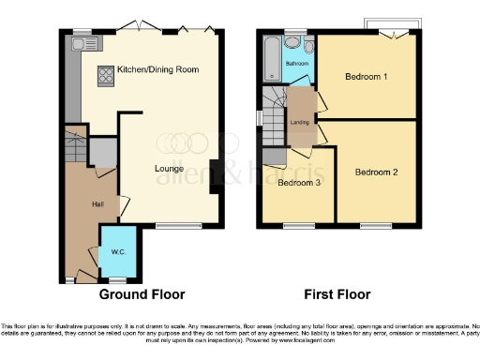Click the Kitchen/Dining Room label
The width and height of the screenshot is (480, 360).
(x=157, y=70)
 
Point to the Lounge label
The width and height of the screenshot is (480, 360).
(x=169, y=169)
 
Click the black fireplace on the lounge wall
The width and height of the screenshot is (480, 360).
(x=216, y=176)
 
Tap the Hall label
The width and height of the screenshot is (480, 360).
(x=97, y=203)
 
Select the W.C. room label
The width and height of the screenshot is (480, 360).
(x=116, y=250)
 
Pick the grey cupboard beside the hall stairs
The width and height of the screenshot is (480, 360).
(x=100, y=152)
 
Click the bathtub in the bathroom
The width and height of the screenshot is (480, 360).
(x=272, y=60)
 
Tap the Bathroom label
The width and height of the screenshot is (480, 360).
(x=297, y=63)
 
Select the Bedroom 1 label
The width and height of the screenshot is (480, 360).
(x=366, y=77)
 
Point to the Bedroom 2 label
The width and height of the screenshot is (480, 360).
(x=377, y=172)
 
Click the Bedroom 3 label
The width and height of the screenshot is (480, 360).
(x=299, y=183)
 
